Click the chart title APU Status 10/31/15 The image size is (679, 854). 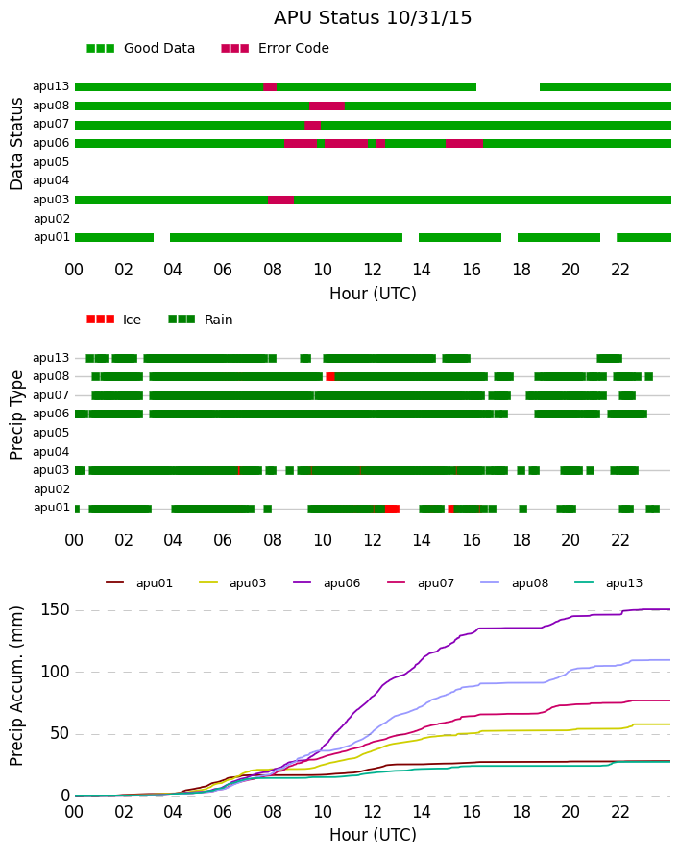(373, 17)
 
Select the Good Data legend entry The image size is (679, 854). (140, 49)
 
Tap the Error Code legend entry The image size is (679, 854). (275, 49)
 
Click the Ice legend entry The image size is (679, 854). (113, 320)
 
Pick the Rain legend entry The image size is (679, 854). (200, 320)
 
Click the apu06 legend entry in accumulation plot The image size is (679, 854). (327, 583)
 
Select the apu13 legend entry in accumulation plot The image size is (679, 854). (608, 583)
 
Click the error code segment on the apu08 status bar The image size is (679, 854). (327, 107)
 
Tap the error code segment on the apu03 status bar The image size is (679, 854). (280, 200)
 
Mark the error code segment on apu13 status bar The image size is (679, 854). (270, 87)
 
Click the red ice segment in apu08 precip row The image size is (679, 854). (330, 377)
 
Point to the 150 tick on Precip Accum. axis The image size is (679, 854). (55, 609)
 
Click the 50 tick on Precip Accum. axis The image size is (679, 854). (60, 734)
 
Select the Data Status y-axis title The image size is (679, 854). (15, 144)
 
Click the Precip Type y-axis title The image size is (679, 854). (15, 415)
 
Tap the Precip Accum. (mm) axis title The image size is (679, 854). (15, 686)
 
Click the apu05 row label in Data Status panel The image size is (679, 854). (51, 162)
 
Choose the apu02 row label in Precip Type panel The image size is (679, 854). (51, 489)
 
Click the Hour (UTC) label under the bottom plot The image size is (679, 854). (373, 835)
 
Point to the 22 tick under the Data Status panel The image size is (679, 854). (620, 270)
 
